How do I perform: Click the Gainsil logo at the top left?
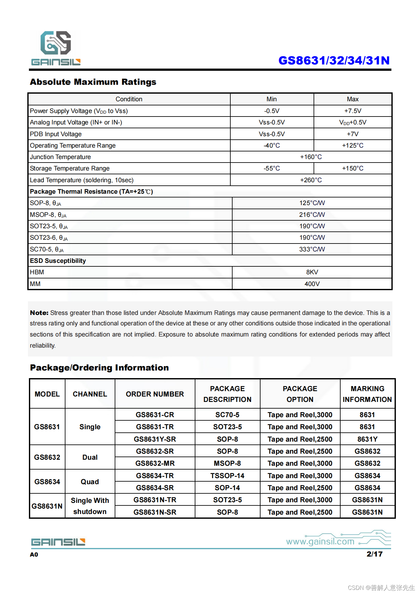point(56,48)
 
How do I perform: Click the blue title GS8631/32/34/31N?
point(334,60)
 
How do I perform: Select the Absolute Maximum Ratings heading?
point(93,82)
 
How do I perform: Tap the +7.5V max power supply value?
point(353,111)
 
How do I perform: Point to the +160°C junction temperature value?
point(311,157)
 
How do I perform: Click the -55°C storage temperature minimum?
point(272,168)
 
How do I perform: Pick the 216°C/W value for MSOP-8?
point(312,215)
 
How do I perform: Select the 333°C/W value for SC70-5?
point(312,249)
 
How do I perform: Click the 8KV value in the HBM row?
point(312,272)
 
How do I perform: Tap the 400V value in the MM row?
point(312,284)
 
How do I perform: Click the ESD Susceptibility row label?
point(58,261)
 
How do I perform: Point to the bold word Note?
point(39,313)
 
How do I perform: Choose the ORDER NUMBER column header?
point(155,394)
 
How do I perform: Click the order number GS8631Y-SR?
point(155,439)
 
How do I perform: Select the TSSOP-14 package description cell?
point(227,476)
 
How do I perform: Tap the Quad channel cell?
point(90,482)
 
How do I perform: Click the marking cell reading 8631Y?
point(367,439)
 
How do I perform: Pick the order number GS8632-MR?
point(155,463)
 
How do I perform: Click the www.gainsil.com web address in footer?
point(320,541)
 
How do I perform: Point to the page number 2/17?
point(374,554)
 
